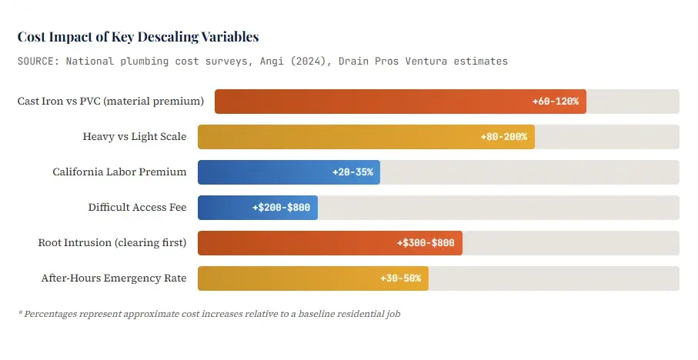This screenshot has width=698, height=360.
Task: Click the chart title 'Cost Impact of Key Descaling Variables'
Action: coord(138,37)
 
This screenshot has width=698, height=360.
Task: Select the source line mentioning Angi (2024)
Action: coord(262,61)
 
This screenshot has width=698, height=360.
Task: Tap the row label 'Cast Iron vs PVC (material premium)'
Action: coord(110,102)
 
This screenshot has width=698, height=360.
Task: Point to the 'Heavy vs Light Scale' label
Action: coord(134,137)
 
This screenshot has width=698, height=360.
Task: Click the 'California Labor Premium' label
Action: coord(119,172)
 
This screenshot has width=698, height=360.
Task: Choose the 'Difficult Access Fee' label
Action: coord(137,208)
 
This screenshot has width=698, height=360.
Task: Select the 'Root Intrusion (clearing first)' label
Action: coord(112,243)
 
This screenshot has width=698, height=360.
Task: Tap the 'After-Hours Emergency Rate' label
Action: coord(113,278)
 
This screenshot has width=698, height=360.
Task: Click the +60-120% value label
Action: coord(555,102)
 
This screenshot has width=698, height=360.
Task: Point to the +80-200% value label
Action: coord(503,137)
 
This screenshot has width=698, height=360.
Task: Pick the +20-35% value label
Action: coord(352,172)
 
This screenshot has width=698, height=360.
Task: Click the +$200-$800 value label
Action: coord(281,208)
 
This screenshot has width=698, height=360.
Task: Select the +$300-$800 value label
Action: coord(426,243)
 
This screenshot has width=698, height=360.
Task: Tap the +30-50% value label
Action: coord(400,278)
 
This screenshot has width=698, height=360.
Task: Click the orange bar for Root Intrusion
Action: coord(292,243)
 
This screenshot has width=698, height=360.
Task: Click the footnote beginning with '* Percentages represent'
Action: coord(209,314)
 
